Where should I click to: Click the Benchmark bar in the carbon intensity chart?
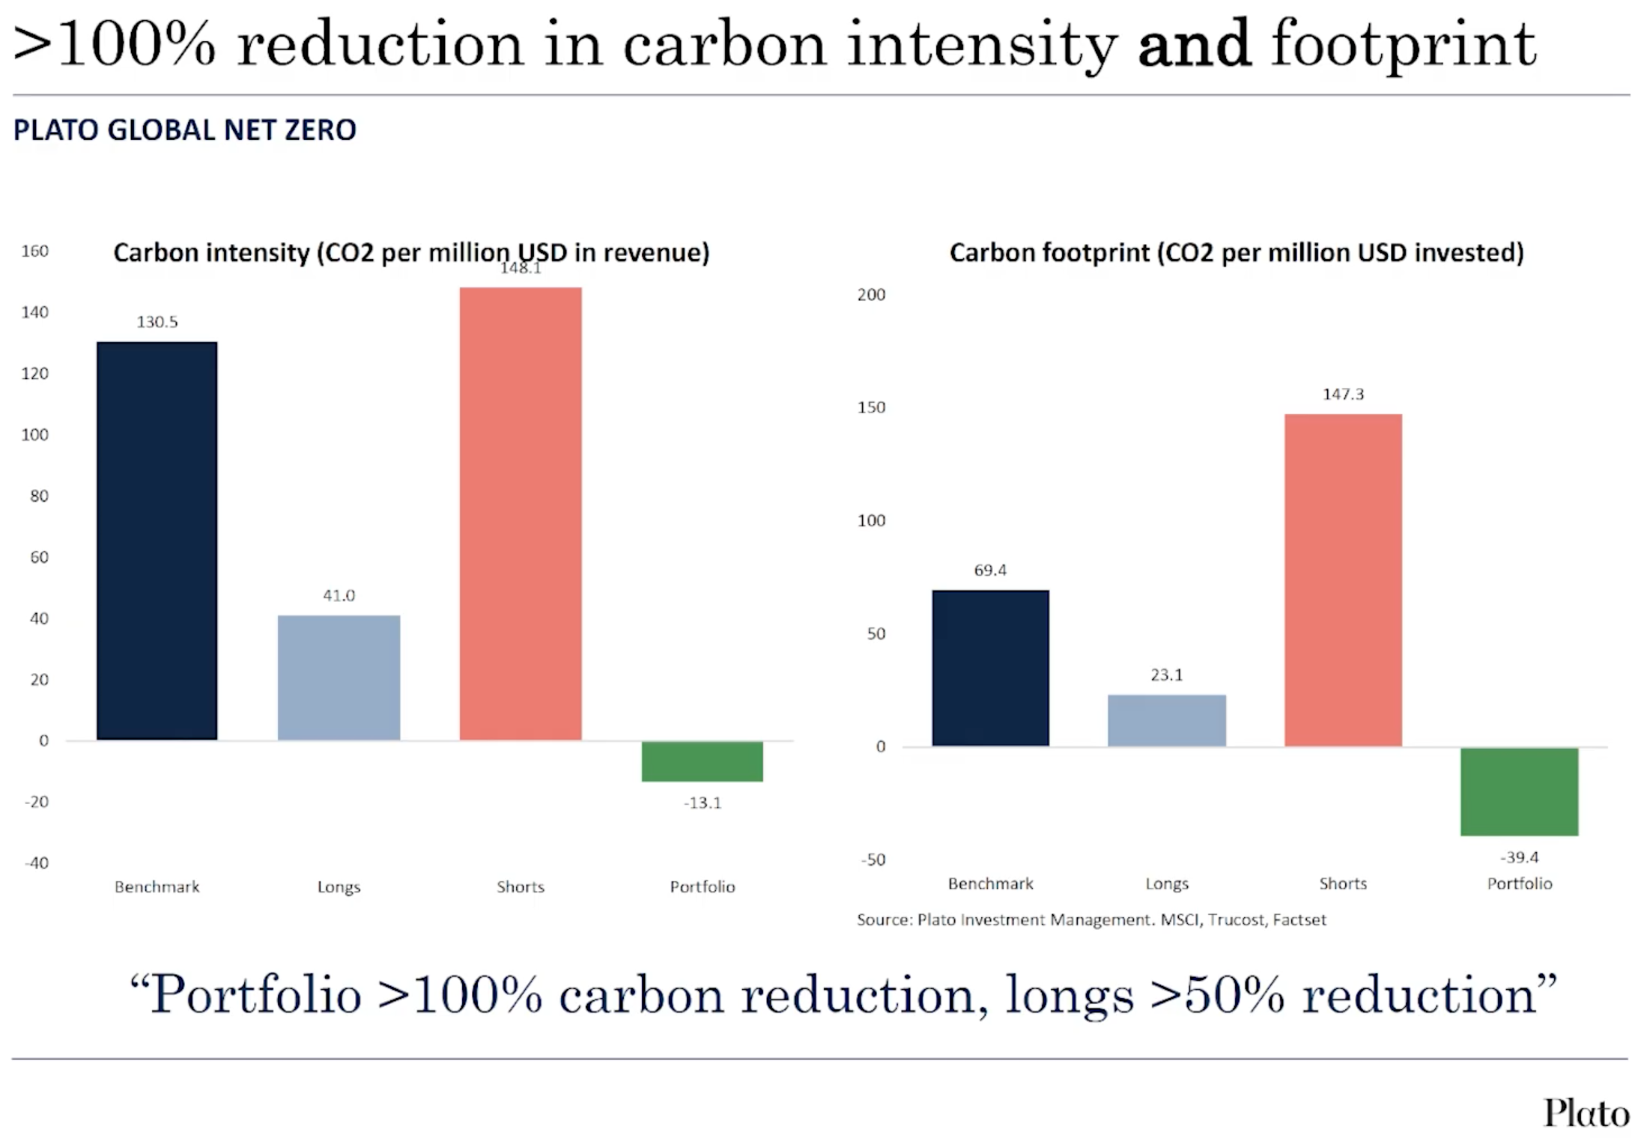pyautogui.click(x=157, y=541)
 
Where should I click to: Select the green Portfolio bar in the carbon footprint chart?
pyautogui.click(x=1519, y=791)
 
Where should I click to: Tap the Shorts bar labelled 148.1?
pyautogui.click(x=520, y=514)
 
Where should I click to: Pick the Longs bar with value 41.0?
pyautogui.click(x=339, y=678)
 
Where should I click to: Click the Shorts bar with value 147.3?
pyautogui.click(x=1343, y=579)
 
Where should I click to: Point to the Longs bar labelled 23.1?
pyautogui.click(x=1166, y=720)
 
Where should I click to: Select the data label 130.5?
pyautogui.click(x=157, y=322)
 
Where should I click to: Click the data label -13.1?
pyautogui.click(x=702, y=803)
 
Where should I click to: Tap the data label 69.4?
pyautogui.click(x=989, y=570)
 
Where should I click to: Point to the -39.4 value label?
pyautogui.click(x=1519, y=856)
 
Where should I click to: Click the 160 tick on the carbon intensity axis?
pyautogui.click(x=34, y=251)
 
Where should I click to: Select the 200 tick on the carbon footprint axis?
pyautogui.click(x=871, y=294)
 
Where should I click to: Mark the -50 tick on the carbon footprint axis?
pyautogui.click(x=873, y=859)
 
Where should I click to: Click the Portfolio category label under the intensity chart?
pyautogui.click(x=702, y=886)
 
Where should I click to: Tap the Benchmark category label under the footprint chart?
pyautogui.click(x=990, y=883)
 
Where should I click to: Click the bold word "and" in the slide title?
pyautogui.click(x=1194, y=45)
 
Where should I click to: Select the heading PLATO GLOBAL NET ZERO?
pyautogui.click(x=184, y=130)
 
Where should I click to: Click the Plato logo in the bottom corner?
pyautogui.click(x=1586, y=1113)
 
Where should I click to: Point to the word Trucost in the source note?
pyautogui.click(x=1236, y=919)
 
